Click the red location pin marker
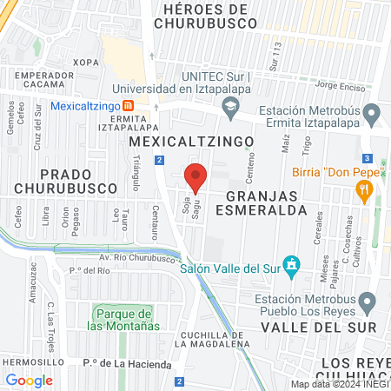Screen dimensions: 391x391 pyautogui.click(x=195, y=178)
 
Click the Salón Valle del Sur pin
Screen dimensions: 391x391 pyautogui.click(x=293, y=264)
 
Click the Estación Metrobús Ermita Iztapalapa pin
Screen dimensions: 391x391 pyautogui.click(x=372, y=114)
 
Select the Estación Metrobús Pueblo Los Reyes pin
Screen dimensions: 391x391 pyautogui.click(x=368, y=303)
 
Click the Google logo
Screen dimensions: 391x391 pyautogui.click(x=29, y=380)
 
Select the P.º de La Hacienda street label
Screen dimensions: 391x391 pyautogui.click(x=127, y=364)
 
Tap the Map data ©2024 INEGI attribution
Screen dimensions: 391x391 pyautogui.click(x=339, y=384)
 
